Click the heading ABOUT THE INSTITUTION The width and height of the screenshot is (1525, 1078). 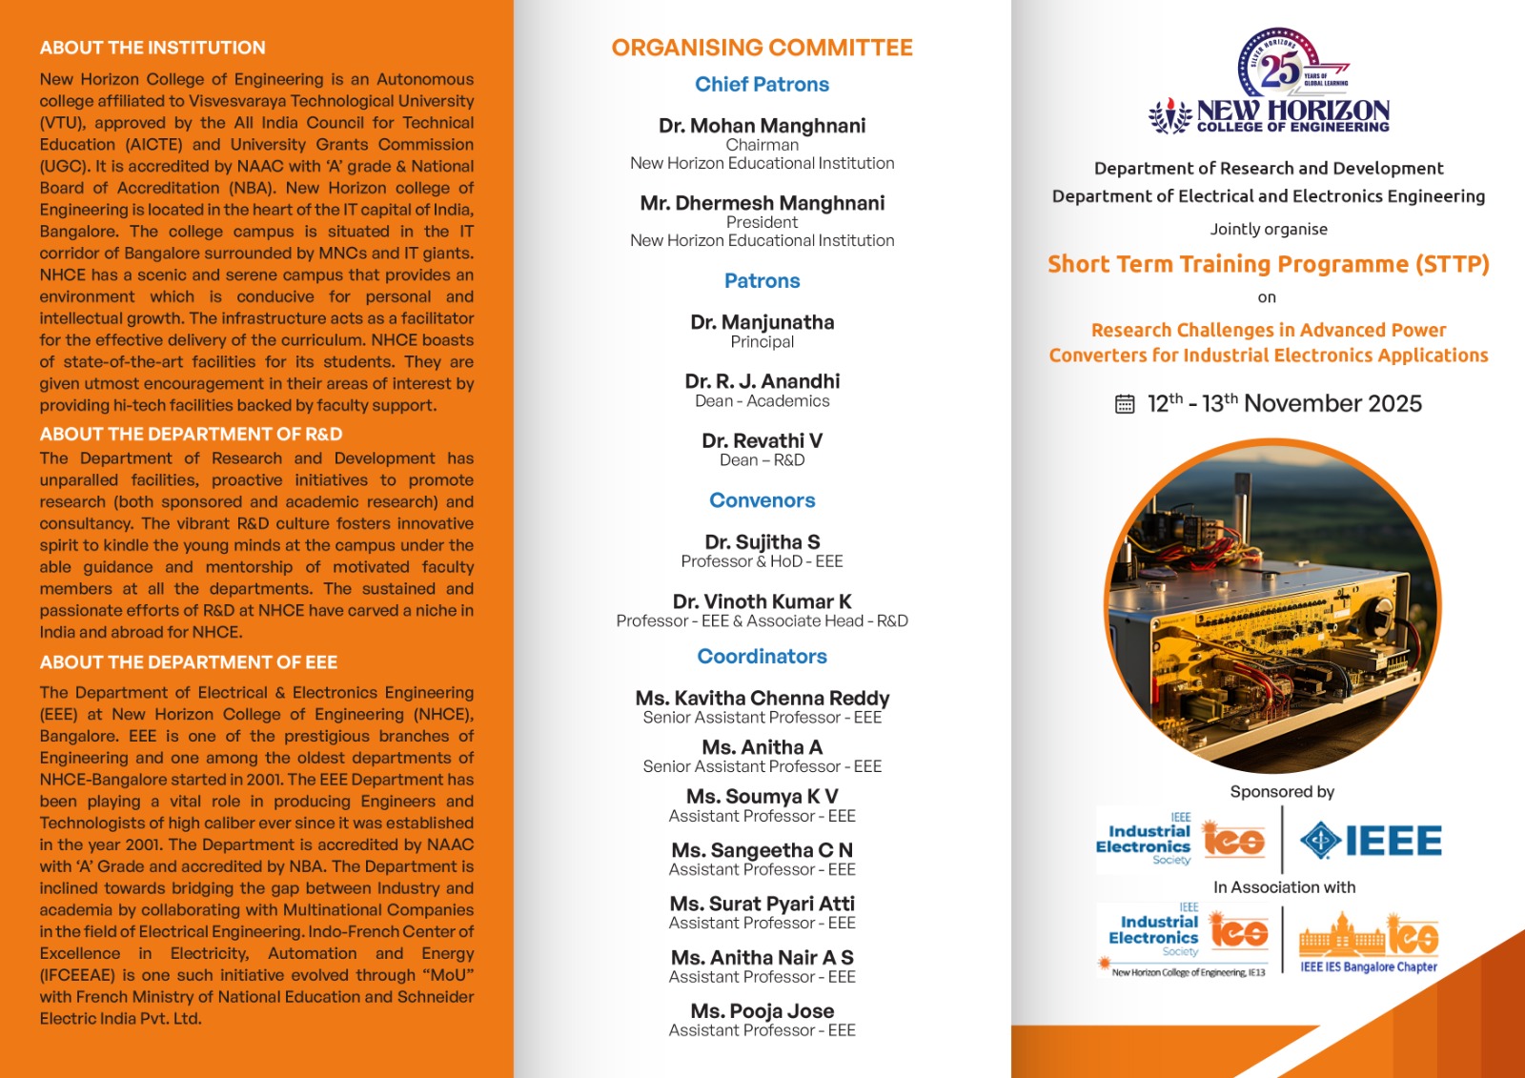point(152,48)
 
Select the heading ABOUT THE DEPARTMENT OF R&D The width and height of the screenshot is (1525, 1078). point(191,435)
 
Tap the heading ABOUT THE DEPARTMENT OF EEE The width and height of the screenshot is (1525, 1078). point(189,662)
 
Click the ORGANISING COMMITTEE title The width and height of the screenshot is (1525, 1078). point(762,48)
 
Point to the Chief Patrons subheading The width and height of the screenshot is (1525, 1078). point(762,85)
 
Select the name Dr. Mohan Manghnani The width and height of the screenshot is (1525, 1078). point(762,126)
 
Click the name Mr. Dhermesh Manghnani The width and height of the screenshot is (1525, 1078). point(762,203)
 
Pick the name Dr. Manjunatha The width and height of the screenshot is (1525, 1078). point(762,322)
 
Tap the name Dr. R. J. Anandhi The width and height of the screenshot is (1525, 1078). point(762,381)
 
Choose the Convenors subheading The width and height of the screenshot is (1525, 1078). point(762,500)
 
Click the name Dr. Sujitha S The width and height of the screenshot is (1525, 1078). point(762,542)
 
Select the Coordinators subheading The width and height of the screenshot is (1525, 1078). point(762,657)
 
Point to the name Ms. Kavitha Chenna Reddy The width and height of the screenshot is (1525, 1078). point(762,699)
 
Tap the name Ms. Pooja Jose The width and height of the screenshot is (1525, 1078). point(762,1011)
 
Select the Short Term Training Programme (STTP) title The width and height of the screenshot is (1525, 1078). point(1268,264)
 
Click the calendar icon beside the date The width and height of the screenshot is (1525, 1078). point(1125,404)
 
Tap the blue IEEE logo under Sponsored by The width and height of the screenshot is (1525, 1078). point(1372,841)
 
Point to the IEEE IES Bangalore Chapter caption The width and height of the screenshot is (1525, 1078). point(1369,966)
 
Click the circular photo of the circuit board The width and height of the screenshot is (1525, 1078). point(1272,606)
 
